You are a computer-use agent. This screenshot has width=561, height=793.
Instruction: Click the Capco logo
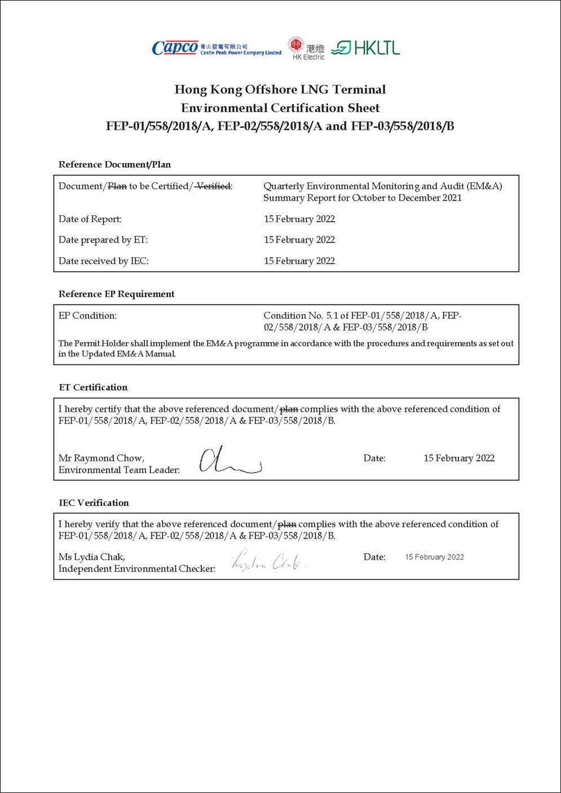216,48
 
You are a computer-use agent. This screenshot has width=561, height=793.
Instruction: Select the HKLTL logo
365,48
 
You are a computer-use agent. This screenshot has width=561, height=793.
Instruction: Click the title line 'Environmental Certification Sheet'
280,108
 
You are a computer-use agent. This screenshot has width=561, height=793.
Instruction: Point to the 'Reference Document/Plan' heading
114,165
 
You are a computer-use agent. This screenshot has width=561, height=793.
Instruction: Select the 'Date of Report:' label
90,219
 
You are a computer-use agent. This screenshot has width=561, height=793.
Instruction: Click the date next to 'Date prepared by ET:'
299,240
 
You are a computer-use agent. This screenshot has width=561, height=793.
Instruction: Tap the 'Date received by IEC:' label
104,261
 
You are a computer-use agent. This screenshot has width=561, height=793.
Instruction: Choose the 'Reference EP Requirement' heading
116,294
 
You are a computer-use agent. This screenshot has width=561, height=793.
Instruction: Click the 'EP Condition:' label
87,316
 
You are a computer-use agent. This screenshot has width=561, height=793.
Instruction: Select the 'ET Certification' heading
93,387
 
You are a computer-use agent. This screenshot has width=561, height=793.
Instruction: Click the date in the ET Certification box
459,458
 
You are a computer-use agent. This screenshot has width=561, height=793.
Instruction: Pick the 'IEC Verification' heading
94,503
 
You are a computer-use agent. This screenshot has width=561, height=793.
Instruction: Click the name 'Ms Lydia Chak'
92,557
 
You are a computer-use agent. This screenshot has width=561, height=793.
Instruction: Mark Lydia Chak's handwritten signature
270,561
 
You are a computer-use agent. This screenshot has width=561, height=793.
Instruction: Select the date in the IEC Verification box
434,557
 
